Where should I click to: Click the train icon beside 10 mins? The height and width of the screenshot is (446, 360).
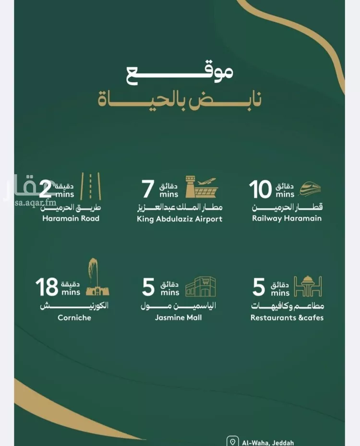(x=311, y=189)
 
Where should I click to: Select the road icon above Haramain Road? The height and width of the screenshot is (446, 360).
(x=90, y=186)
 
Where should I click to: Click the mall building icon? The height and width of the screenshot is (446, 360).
(x=200, y=287)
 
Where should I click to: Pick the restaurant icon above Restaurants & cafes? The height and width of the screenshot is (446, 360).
(x=308, y=287)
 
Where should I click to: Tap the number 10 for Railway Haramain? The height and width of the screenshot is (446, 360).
(x=260, y=190)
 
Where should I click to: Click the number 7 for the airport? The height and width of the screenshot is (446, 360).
(x=148, y=190)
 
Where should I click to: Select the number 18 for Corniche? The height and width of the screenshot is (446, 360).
(x=46, y=287)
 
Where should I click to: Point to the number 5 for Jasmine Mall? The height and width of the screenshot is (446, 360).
(x=148, y=287)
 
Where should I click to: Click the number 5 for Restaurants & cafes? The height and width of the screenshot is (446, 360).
(x=259, y=287)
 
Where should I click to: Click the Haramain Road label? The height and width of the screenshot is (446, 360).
(x=71, y=218)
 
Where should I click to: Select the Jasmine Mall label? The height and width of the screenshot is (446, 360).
(x=178, y=317)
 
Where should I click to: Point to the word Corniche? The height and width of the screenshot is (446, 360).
(x=74, y=317)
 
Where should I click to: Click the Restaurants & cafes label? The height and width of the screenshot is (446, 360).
(x=287, y=317)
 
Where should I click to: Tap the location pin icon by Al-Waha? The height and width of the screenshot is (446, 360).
(x=233, y=442)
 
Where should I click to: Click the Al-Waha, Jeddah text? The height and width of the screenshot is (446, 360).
(x=268, y=443)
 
